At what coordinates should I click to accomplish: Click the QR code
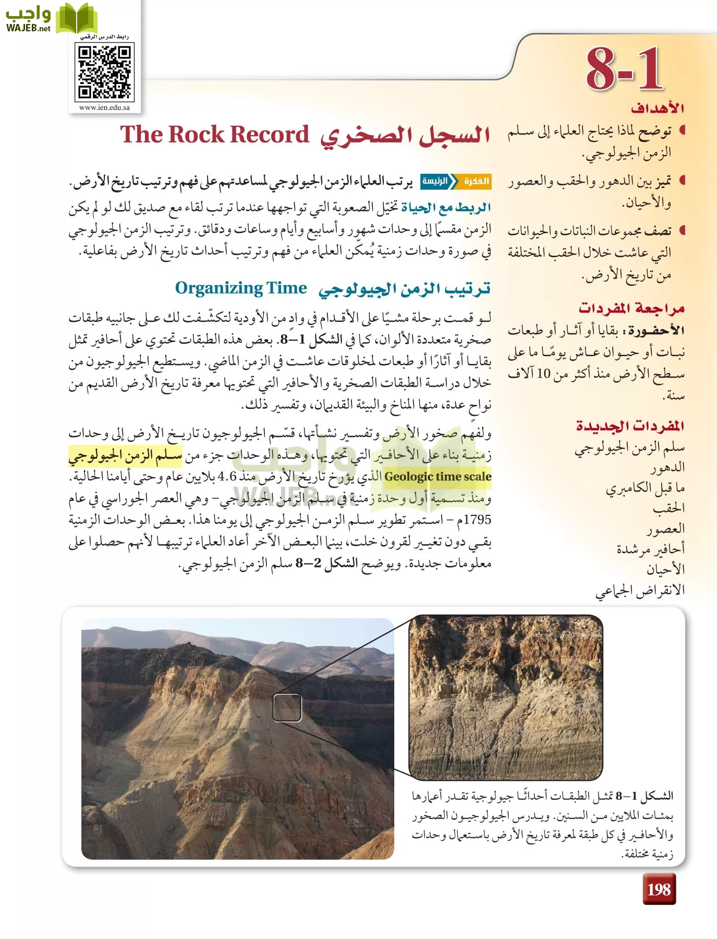coord(105,71)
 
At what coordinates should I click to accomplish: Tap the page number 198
coord(659,889)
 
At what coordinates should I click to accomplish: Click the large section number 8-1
coord(624,69)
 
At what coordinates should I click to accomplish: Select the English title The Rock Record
coord(215,135)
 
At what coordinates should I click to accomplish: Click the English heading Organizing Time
coord(241,288)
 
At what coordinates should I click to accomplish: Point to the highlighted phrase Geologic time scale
coord(438,476)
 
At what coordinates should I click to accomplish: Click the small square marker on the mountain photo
coord(287,708)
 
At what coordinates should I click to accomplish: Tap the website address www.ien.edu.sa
coord(104,108)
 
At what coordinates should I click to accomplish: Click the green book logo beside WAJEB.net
coord(76,19)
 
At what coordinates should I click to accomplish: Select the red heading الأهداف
coord(657,109)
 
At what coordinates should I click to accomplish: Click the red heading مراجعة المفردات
coord(631,308)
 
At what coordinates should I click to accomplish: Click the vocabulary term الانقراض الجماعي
coord(640,591)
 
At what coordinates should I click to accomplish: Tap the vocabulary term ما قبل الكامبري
coord(645,488)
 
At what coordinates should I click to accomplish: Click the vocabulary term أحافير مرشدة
coord(650,549)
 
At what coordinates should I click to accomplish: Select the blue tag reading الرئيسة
coord(434,181)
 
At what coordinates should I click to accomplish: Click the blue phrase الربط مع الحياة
coord(446,208)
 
